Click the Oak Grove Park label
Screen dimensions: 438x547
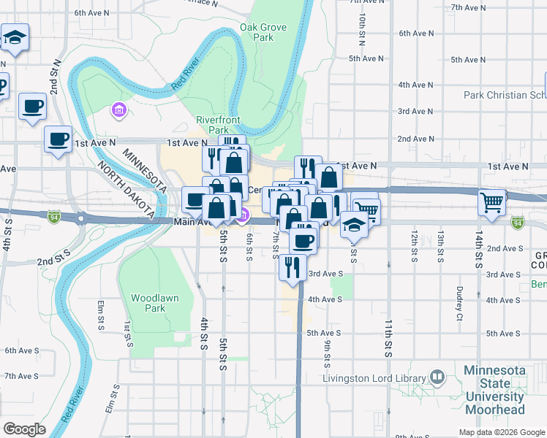click(x=263, y=32)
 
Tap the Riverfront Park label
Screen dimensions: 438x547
click(x=213, y=125)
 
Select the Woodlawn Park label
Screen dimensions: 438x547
click(x=148, y=303)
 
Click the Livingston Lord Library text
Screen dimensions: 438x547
click(x=375, y=378)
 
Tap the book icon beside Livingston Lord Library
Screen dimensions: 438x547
click(x=437, y=377)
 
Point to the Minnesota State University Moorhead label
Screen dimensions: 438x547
click(x=494, y=384)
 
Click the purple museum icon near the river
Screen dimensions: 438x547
click(x=118, y=110)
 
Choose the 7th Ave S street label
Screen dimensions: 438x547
click(x=21, y=376)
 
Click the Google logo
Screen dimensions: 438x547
click(x=24, y=429)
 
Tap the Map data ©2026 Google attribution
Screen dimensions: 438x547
click(x=501, y=432)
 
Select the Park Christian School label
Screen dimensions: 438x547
click(x=505, y=95)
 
